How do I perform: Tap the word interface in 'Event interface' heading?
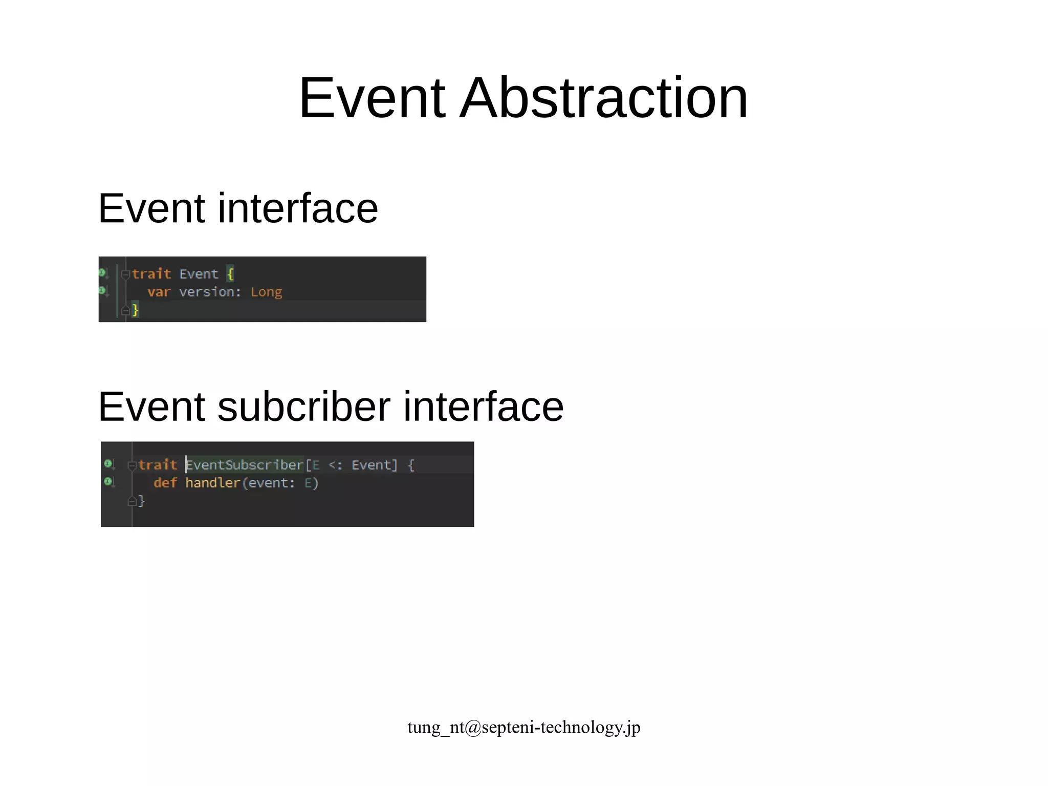(298, 208)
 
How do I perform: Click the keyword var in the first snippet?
(159, 292)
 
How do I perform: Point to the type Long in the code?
(266, 292)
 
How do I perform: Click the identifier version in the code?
(208, 292)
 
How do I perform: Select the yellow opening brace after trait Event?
(230, 274)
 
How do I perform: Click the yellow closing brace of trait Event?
(135, 310)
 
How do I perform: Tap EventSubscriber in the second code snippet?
(245, 465)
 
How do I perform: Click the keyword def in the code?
(165, 483)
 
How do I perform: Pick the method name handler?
(212, 483)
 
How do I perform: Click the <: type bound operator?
(335, 465)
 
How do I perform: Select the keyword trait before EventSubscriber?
(158, 465)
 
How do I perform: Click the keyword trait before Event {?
(151, 274)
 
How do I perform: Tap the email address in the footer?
(523, 727)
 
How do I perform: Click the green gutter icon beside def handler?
(108, 482)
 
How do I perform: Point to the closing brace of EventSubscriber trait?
(142, 501)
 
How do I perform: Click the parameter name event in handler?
(268, 483)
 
